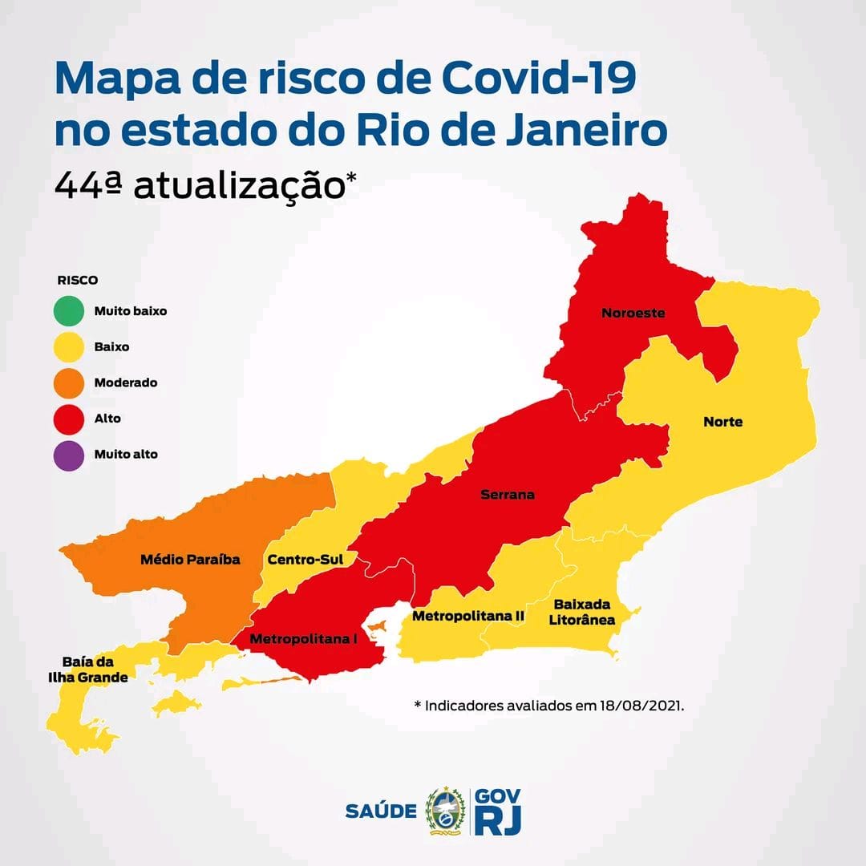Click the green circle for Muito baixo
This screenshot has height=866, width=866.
coord(69,310)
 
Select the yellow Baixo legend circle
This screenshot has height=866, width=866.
coord(69,346)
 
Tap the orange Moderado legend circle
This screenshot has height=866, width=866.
coord(69,382)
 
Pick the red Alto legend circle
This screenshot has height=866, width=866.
coord(69,419)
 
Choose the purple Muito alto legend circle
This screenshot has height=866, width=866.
coord(69,455)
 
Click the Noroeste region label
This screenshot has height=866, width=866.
coord(633,314)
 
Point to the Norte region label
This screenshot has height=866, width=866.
coord(722,422)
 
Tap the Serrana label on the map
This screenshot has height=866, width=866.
coord(507,495)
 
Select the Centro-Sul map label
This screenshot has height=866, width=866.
coord(306,560)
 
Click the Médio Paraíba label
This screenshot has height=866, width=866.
coord(190,559)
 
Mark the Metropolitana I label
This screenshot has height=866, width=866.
coord(303,639)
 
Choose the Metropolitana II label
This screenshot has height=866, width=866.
coord(467,616)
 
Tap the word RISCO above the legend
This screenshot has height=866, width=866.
coord(77,281)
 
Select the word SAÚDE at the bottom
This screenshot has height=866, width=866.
coord(381,811)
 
